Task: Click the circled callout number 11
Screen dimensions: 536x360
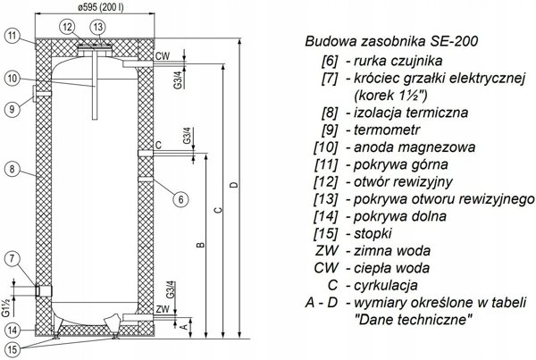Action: point(13,36)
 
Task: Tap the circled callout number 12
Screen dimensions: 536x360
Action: point(68,27)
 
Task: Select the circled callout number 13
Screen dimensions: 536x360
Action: point(97,27)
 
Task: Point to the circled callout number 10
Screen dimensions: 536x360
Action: point(13,79)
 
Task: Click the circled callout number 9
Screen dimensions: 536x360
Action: point(13,109)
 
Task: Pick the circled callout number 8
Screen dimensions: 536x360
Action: point(13,169)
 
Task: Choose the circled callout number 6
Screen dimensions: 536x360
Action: point(180,199)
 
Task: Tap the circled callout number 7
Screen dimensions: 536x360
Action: point(13,259)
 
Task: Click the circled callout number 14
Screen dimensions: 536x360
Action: point(13,331)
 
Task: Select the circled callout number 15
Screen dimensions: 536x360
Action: point(13,349)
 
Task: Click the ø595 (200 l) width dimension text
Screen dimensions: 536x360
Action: point(100,7)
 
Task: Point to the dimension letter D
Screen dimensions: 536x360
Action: point(234,185)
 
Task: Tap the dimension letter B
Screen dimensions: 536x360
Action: point(201,245)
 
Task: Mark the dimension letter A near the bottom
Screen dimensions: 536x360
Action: point(184,327)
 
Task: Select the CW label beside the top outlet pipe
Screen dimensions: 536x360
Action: point(163,55)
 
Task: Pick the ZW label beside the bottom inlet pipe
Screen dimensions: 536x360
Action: point(163,309)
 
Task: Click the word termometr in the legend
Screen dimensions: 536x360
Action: point(387,130)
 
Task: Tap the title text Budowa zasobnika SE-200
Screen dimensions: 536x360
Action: point(391,41)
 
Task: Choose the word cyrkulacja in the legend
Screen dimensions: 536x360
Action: point(386,285)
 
